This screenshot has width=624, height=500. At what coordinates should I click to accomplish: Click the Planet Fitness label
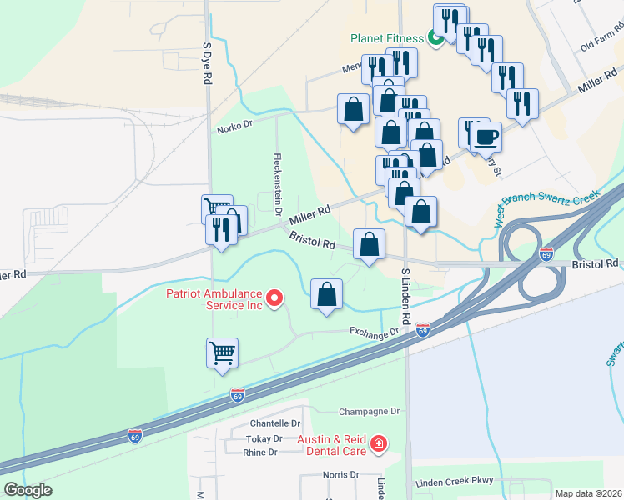pyautogui.click(x=387, y=37)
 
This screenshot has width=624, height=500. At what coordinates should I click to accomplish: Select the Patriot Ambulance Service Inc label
pyautogui.click(x=214, y=298)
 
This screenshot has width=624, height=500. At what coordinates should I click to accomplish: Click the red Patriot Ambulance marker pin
pyautogui.click(x=273, y=298)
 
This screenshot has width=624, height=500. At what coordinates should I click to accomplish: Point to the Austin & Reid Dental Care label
pyautogui.click(x=332, y=444)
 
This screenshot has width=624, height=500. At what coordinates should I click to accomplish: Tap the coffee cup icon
pyautogui.click(x=486, y=136)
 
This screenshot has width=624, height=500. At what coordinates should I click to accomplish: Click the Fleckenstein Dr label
pyautogui.click(x=276, y=177)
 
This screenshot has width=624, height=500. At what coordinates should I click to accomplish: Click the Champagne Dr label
pyautogui.click(x=370, y=412)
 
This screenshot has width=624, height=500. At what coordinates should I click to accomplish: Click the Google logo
pyautogui.click(x=27, y=490)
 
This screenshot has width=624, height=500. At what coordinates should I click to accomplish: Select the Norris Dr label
pyautogui.click(x=340, y=475)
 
